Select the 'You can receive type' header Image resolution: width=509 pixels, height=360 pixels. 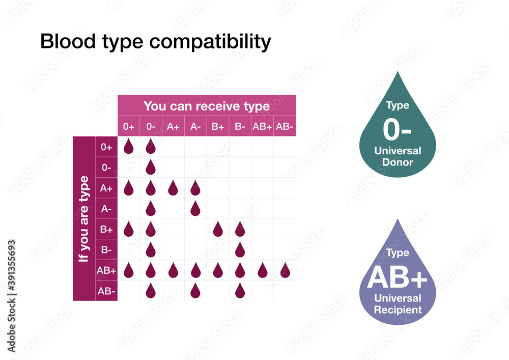207,106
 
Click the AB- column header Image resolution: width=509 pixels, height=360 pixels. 285,127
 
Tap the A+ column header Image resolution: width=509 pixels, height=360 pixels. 173,127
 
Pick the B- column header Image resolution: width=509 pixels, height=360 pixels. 240,127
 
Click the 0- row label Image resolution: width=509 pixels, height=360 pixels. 106,168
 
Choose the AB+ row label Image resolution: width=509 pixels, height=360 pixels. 106,271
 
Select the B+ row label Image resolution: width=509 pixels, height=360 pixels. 106,230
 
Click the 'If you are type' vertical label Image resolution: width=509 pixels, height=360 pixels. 84,219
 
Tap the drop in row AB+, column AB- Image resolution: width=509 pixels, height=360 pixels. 285,270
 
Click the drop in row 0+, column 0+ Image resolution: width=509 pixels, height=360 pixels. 128,147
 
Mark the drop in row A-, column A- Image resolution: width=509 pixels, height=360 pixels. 195,208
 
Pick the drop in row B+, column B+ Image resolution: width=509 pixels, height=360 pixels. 218,229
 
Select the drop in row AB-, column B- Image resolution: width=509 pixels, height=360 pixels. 240,291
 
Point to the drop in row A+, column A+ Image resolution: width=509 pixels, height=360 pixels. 173,188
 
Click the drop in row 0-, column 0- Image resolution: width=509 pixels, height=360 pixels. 151,167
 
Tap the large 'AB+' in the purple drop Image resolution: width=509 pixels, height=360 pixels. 397,278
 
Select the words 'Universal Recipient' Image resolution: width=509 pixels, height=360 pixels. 398,304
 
